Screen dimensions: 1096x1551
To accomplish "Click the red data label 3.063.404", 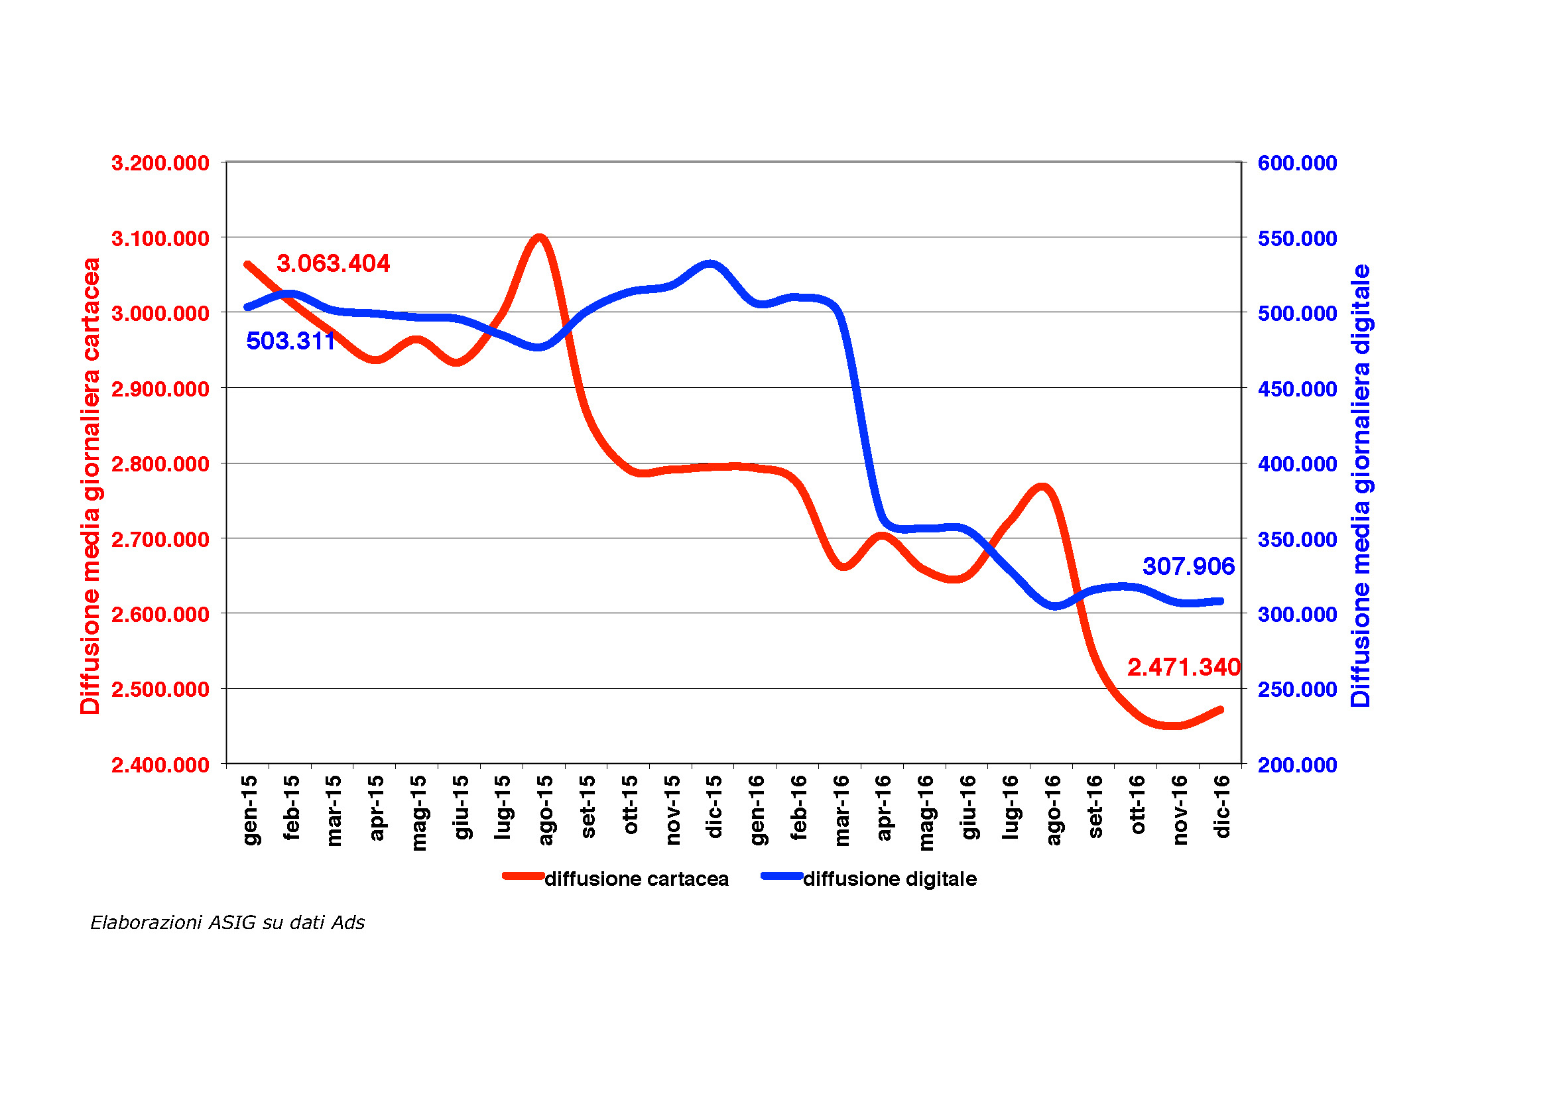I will (333, 263).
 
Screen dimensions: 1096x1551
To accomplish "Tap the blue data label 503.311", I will (290, 341).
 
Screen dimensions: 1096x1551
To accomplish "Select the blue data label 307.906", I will (1188, 566).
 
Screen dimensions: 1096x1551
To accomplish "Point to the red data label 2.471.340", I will (1184, 667).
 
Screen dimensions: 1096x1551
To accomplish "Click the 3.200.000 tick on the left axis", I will (160, 163).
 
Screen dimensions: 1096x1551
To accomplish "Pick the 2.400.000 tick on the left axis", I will (160, 765).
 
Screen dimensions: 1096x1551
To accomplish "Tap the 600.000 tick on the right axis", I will (1297, 163).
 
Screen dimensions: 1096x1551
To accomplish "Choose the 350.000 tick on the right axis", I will (1297, 540).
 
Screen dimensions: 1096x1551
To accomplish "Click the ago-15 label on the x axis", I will (545, 810).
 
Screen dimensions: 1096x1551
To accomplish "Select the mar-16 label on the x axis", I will (841, 810).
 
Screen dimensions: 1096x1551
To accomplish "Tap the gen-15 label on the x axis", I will (250, 810).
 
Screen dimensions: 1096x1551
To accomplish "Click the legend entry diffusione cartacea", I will (636, 879).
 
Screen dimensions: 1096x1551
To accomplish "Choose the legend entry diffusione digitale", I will (890, 879).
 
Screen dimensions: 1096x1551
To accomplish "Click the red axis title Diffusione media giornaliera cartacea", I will (91, 486).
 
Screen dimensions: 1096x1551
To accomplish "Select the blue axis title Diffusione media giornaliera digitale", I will (1361, 486).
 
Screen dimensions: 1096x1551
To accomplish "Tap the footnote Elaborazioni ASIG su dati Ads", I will (227, 923).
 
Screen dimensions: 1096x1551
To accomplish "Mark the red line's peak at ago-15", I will (539, 238).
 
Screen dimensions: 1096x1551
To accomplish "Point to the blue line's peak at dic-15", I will (710, 264).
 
